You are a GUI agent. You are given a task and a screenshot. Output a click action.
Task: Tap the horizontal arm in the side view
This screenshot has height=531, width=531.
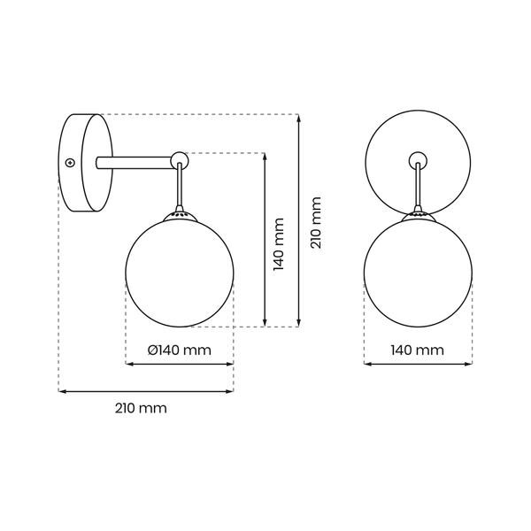pos(133,161)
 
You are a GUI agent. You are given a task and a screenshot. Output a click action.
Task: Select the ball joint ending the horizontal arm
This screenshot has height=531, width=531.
pos(180,159)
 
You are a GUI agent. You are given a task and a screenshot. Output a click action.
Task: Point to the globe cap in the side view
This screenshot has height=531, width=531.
pos(180,214)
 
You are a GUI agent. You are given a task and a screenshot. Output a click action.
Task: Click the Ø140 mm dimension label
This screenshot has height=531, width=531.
pos(180,350)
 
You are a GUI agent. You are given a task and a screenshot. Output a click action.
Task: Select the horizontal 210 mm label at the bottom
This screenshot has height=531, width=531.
pos(141,408)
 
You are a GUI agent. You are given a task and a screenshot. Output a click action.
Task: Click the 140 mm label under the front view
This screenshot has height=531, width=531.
pos(417,350)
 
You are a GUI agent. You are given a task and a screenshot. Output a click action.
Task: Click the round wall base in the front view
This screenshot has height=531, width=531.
pos(389,142)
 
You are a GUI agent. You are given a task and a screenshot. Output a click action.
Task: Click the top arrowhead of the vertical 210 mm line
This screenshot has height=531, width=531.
pos(299,118)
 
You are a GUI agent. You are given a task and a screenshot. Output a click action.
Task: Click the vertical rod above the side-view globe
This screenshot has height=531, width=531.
pos(180,188)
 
